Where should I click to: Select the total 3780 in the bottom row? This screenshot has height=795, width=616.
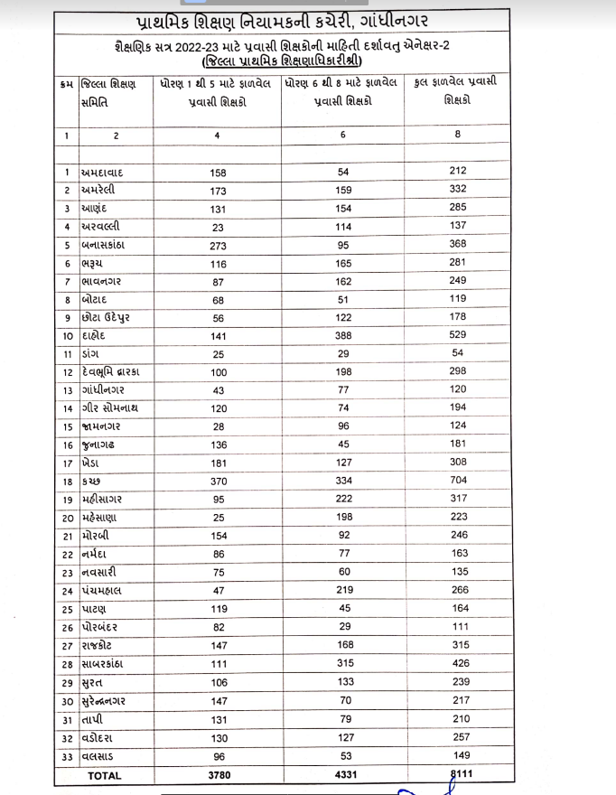[218, 774]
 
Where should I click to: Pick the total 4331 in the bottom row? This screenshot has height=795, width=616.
[343, 774]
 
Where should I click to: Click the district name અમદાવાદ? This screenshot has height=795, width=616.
[110, 172]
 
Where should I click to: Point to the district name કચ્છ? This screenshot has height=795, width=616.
[92, 481]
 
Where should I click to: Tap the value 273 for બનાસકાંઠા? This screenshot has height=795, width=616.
[218, 244]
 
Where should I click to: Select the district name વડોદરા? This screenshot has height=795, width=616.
[100, 738]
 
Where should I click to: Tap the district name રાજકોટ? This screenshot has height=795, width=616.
[102, 646]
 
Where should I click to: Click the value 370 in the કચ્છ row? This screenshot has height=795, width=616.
[218, 481]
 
